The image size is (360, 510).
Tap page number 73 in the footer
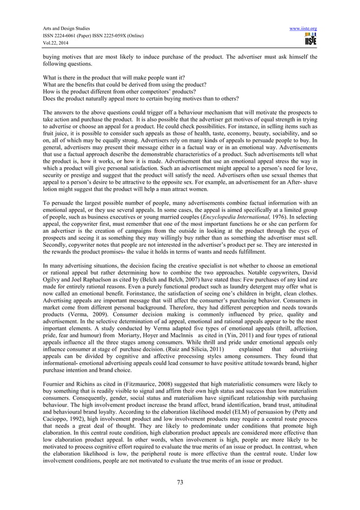tap(179, 482)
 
